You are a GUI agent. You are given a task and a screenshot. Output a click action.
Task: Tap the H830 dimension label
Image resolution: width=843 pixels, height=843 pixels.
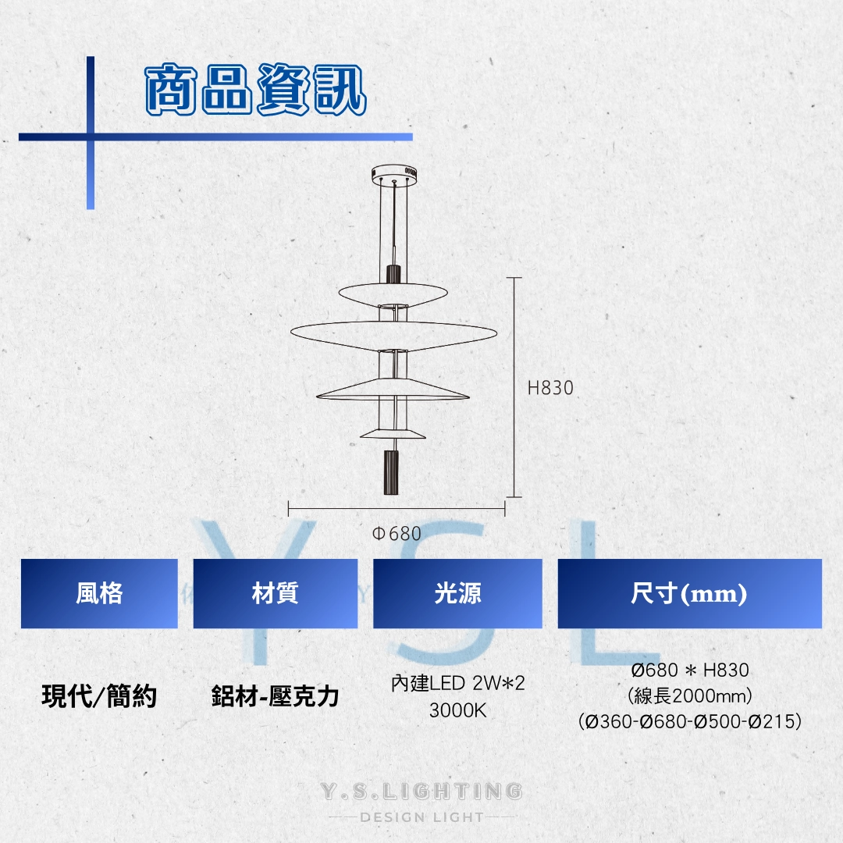[x=550, y=387]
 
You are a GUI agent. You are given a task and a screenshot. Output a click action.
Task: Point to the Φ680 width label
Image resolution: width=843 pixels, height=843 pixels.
[x=397, y=534]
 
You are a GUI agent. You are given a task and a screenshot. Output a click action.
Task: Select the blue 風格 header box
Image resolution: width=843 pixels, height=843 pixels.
[x=99, y=594]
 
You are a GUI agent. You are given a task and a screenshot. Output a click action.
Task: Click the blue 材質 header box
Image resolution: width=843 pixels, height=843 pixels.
[x=275, y=594]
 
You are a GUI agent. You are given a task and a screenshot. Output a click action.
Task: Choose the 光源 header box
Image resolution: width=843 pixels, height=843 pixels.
[x=457, y=594]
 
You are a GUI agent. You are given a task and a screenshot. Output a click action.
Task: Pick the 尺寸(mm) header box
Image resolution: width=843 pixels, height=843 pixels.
[x=689, y=594]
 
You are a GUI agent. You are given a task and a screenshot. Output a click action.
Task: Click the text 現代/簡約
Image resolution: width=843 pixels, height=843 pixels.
[x=99, y=695]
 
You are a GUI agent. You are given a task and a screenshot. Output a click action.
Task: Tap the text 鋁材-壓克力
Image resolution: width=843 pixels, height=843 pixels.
[x=275, y=695]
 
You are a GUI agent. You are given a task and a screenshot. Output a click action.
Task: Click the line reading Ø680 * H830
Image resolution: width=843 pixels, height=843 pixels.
[x=689, y=670]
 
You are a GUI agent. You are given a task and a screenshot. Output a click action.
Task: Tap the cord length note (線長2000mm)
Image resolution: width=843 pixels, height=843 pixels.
[x=689, y=695]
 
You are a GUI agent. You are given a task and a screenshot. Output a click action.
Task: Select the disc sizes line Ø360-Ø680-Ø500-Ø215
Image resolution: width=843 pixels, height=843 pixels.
[x=689, y=721]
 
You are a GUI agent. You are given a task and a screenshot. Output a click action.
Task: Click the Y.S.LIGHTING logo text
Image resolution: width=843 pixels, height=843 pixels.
[x=421, y=791]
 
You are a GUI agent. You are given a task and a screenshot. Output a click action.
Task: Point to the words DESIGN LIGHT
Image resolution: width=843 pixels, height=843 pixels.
[x=421, y=817]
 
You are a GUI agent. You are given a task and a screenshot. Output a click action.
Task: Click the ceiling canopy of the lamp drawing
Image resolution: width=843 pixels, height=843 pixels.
[x=396, y=173]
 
